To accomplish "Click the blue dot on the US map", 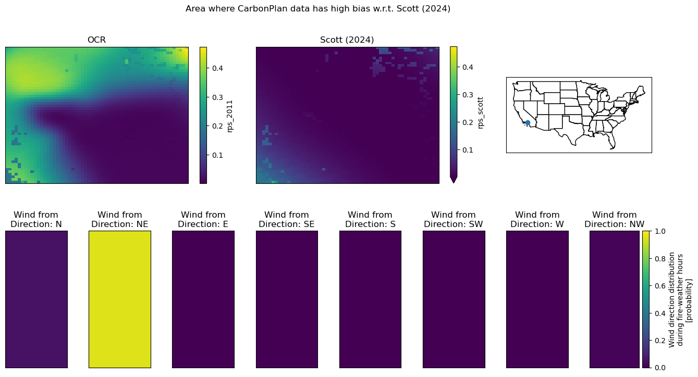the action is [x=528, y=123].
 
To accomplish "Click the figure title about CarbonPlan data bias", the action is [x=318, y=9].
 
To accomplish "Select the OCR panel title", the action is [x=96, y=40].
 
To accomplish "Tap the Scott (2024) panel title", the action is [x=347, y=40].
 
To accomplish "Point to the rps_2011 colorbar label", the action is [x=230, y=116].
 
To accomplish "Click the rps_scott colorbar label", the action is [x=480, y=112].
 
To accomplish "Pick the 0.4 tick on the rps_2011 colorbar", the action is [x=217, y=68].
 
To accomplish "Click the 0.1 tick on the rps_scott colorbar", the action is [x=468, y=150].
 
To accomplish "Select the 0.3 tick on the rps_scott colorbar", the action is [x=468, y=95].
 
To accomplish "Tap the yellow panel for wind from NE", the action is [x=120, y=299].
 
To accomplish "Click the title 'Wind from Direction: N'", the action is [x=36, y=219].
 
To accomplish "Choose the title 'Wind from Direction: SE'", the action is [x=287, y=219].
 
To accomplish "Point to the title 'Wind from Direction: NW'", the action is [x=614, y=219].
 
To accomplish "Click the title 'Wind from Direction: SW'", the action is [x=454, y=219].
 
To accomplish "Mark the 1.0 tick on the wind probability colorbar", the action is [x=660, y=231].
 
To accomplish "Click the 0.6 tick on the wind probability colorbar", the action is [x=660, y=286].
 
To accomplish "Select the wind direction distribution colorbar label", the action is [x=680, y=299].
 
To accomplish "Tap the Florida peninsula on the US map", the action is [x=612, y=142].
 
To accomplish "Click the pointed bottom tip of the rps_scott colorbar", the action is [x=454, y=183].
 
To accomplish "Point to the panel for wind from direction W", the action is [x=537, y=299].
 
